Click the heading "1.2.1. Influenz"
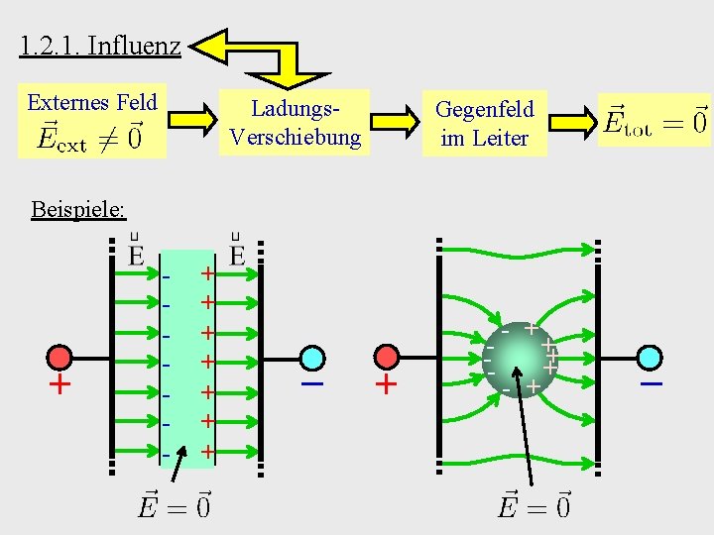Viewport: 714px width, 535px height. tap(99, 46)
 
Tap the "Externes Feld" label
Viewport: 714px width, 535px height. tap(92, 102)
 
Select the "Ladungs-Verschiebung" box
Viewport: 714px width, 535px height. tap(295, 122)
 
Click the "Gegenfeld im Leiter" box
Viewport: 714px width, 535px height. tap(484, 123)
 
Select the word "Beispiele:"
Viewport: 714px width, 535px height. tap(78, 209)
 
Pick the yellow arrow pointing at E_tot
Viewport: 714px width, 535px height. tap(569, 122)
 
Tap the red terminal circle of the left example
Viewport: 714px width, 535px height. tap(61, 358)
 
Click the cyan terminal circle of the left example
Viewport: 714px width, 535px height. tap(313, 358)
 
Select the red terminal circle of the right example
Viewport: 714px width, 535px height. tap(387, 358)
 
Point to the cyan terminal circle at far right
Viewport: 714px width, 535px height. tap(651, 358)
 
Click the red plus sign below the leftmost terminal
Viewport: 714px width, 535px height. tap(61, 384)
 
